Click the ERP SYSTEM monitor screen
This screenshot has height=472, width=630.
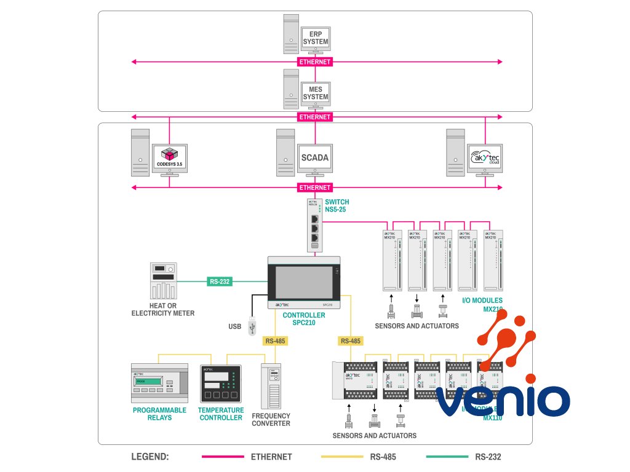tap(315, 37)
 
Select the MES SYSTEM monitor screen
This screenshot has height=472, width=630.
tap(315, 93)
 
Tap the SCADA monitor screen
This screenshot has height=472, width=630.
tap(314, 158)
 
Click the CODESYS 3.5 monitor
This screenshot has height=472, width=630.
tap(170, 157)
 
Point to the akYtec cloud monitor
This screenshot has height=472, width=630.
tap(485, 158)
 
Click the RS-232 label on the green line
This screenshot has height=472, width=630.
tap(219, 282)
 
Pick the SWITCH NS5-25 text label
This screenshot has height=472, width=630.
tap(337, 206)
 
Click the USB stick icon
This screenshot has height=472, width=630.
tap(252, 326)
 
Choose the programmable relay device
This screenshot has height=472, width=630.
tap(159, 384)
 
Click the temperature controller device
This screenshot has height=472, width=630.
tap(221, 384)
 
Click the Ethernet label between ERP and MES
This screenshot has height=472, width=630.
tap(315, 62)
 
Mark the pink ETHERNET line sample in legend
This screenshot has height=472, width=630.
tap(223, 457)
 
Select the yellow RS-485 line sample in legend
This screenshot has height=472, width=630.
tap(343, 457)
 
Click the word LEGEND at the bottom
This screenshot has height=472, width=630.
tap(150, 457)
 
